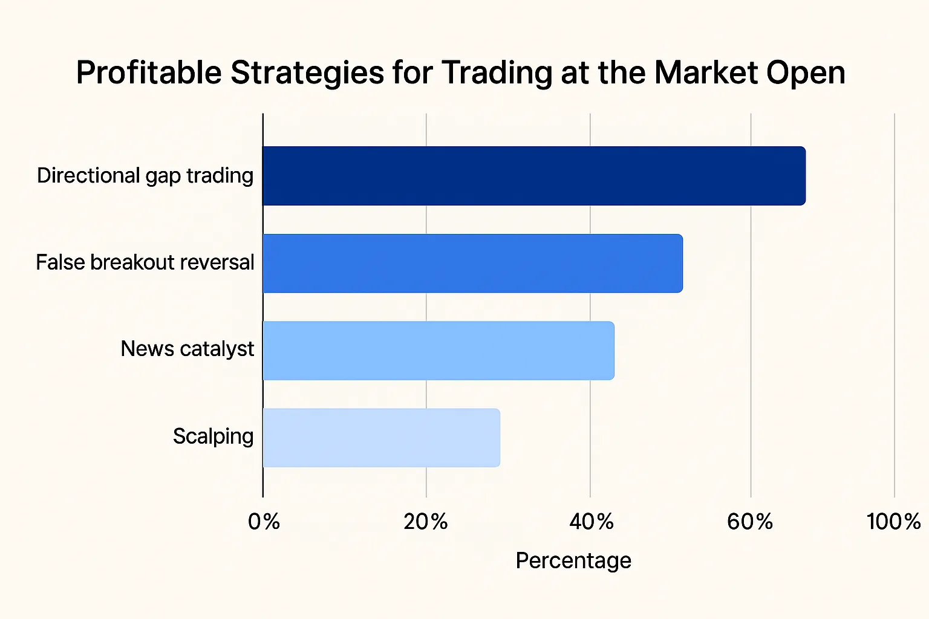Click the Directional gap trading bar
(533, 176)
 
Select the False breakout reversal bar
(472, 264)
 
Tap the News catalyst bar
(438, 351)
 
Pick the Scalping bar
(381, 438)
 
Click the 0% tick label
(264, 521)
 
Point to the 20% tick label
(426, 521)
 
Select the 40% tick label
(591, 521)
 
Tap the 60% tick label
(750, 521)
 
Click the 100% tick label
(893, 521)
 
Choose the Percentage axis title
(573, 560)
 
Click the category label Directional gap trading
(145, 176)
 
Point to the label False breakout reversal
(145, 263)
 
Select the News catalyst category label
(187, 349)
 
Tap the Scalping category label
(213, 436)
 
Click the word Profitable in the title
(149, 73)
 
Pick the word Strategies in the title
(307, 73)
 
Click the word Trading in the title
(497, 73)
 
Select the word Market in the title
(706, 73)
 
